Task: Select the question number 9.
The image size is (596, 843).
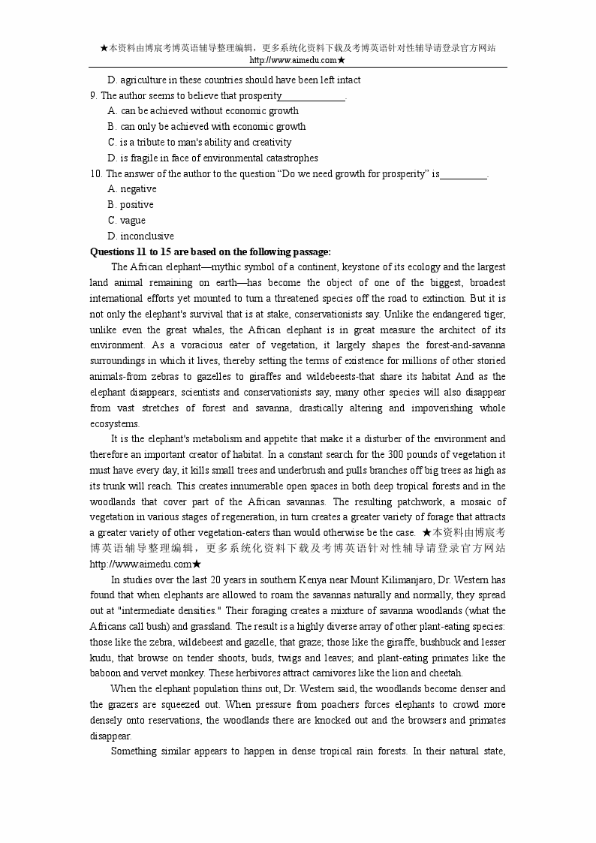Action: coord(93,95)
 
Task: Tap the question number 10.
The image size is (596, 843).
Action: coord(95,173)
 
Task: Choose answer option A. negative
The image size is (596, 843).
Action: coord(132,189)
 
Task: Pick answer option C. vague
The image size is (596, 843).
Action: coord(127,221)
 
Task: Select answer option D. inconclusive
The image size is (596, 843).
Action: coord(141,236)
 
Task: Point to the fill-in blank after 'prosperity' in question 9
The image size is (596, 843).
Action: coord(313,96)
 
